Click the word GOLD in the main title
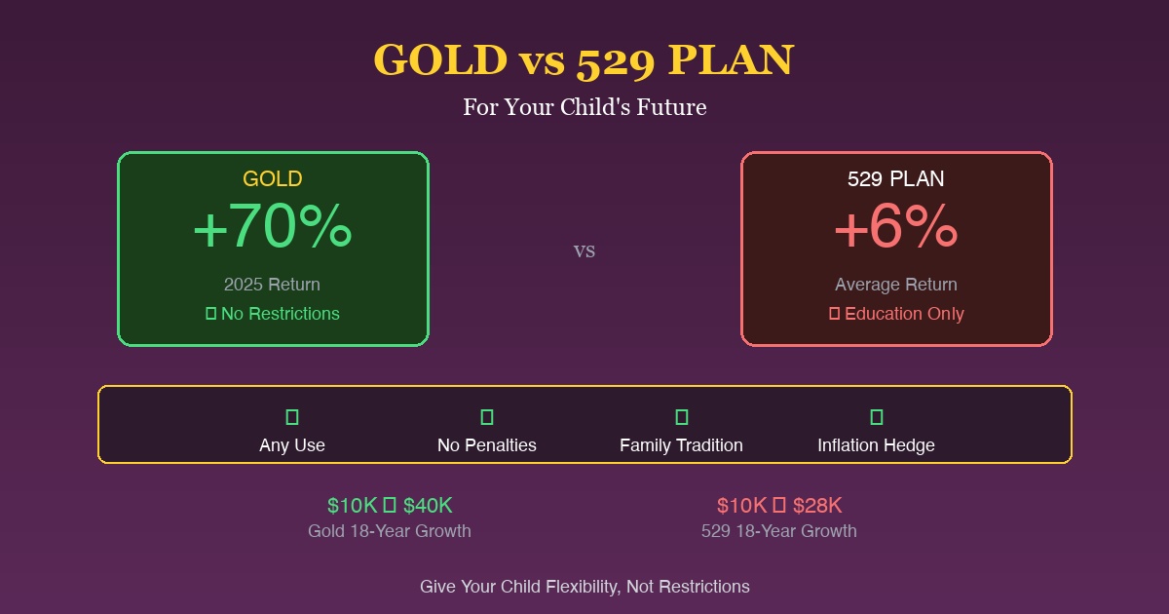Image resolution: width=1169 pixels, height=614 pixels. point(439,60)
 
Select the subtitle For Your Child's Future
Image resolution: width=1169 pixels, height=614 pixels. point(584,107)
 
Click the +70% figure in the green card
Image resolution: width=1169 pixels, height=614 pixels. point(273,229)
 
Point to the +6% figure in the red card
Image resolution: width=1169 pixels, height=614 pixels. point(896,229)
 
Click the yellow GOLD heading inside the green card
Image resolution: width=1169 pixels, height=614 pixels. point(273,179)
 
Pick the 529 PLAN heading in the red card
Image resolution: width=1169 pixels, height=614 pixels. point(896,179)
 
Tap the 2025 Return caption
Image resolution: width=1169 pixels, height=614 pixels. point(272,285)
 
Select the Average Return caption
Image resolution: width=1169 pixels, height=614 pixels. point(896,285)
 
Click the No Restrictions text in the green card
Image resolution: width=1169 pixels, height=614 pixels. point(281,314)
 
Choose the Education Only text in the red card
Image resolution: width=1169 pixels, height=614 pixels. point(904,314)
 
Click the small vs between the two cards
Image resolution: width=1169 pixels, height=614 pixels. point(584,250)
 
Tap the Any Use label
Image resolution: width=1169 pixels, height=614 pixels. point(292,445)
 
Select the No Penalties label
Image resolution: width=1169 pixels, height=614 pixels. point(487,445)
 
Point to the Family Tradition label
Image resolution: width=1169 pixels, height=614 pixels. point(682,445)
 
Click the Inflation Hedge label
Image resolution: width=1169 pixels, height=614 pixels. point(877,445)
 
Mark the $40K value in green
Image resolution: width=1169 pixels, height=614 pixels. point(428,506)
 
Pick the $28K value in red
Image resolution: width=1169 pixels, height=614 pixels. point(817,506)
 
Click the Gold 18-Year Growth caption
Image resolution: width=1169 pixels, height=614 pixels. point(390,531)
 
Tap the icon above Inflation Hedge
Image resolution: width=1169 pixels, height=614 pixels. point(877,417)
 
